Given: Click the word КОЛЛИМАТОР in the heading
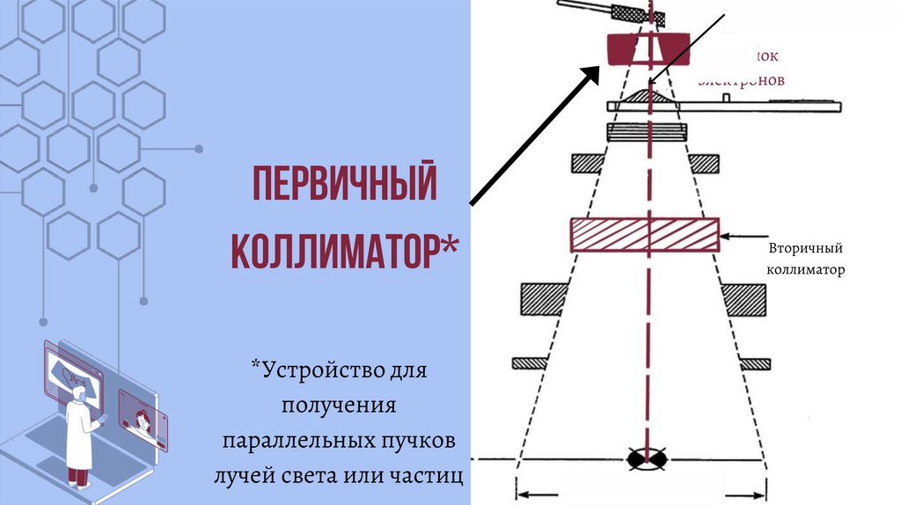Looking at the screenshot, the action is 334,250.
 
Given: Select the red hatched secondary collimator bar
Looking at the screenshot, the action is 646,235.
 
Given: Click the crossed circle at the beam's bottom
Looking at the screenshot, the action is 646,458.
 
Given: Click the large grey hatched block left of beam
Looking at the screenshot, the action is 543,299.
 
